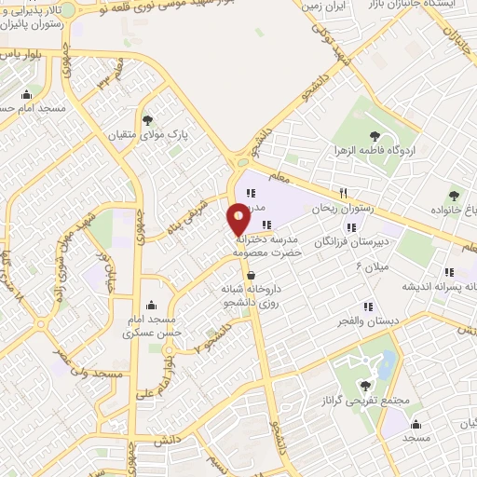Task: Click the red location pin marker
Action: (x=238, y=220)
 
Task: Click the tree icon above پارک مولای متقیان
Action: (x=148, y=118)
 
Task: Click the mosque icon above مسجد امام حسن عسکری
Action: (x=153, y=304)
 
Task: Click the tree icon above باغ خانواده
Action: (x=454, y=195)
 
